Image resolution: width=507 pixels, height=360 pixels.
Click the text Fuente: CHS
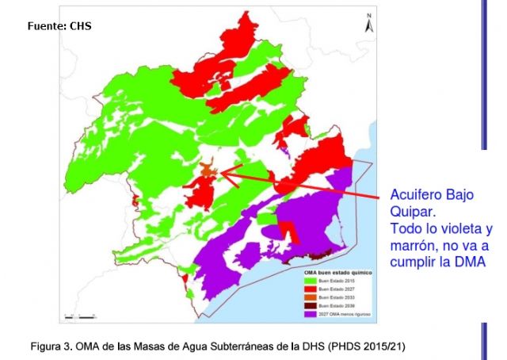click(x=59, y=26)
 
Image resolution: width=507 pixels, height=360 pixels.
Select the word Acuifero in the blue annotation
click(x=414, y=195)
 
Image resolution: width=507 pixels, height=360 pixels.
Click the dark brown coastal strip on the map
click(x=320, y=255)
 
